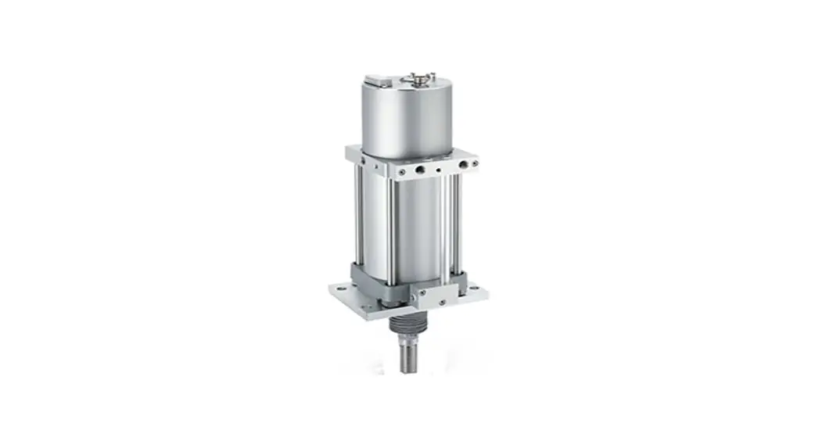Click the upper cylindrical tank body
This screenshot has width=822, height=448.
click(406, 117)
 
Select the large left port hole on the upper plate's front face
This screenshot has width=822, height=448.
click(420, 167)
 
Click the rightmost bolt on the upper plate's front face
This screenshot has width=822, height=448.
click(474, 163)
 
